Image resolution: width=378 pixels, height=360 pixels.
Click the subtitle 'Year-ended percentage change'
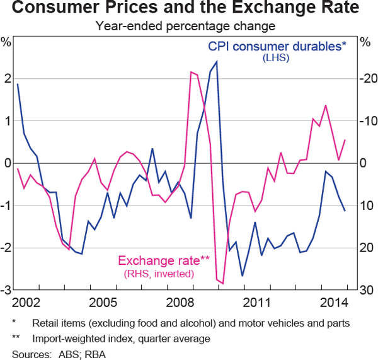tap(187, 26)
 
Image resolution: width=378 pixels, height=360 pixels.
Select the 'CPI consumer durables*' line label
tap(277, 46)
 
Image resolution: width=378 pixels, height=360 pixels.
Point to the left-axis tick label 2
tap(8, 79)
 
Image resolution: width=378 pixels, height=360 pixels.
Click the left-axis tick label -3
tap(6, 291)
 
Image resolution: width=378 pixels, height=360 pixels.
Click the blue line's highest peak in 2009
tap(217, 62)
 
